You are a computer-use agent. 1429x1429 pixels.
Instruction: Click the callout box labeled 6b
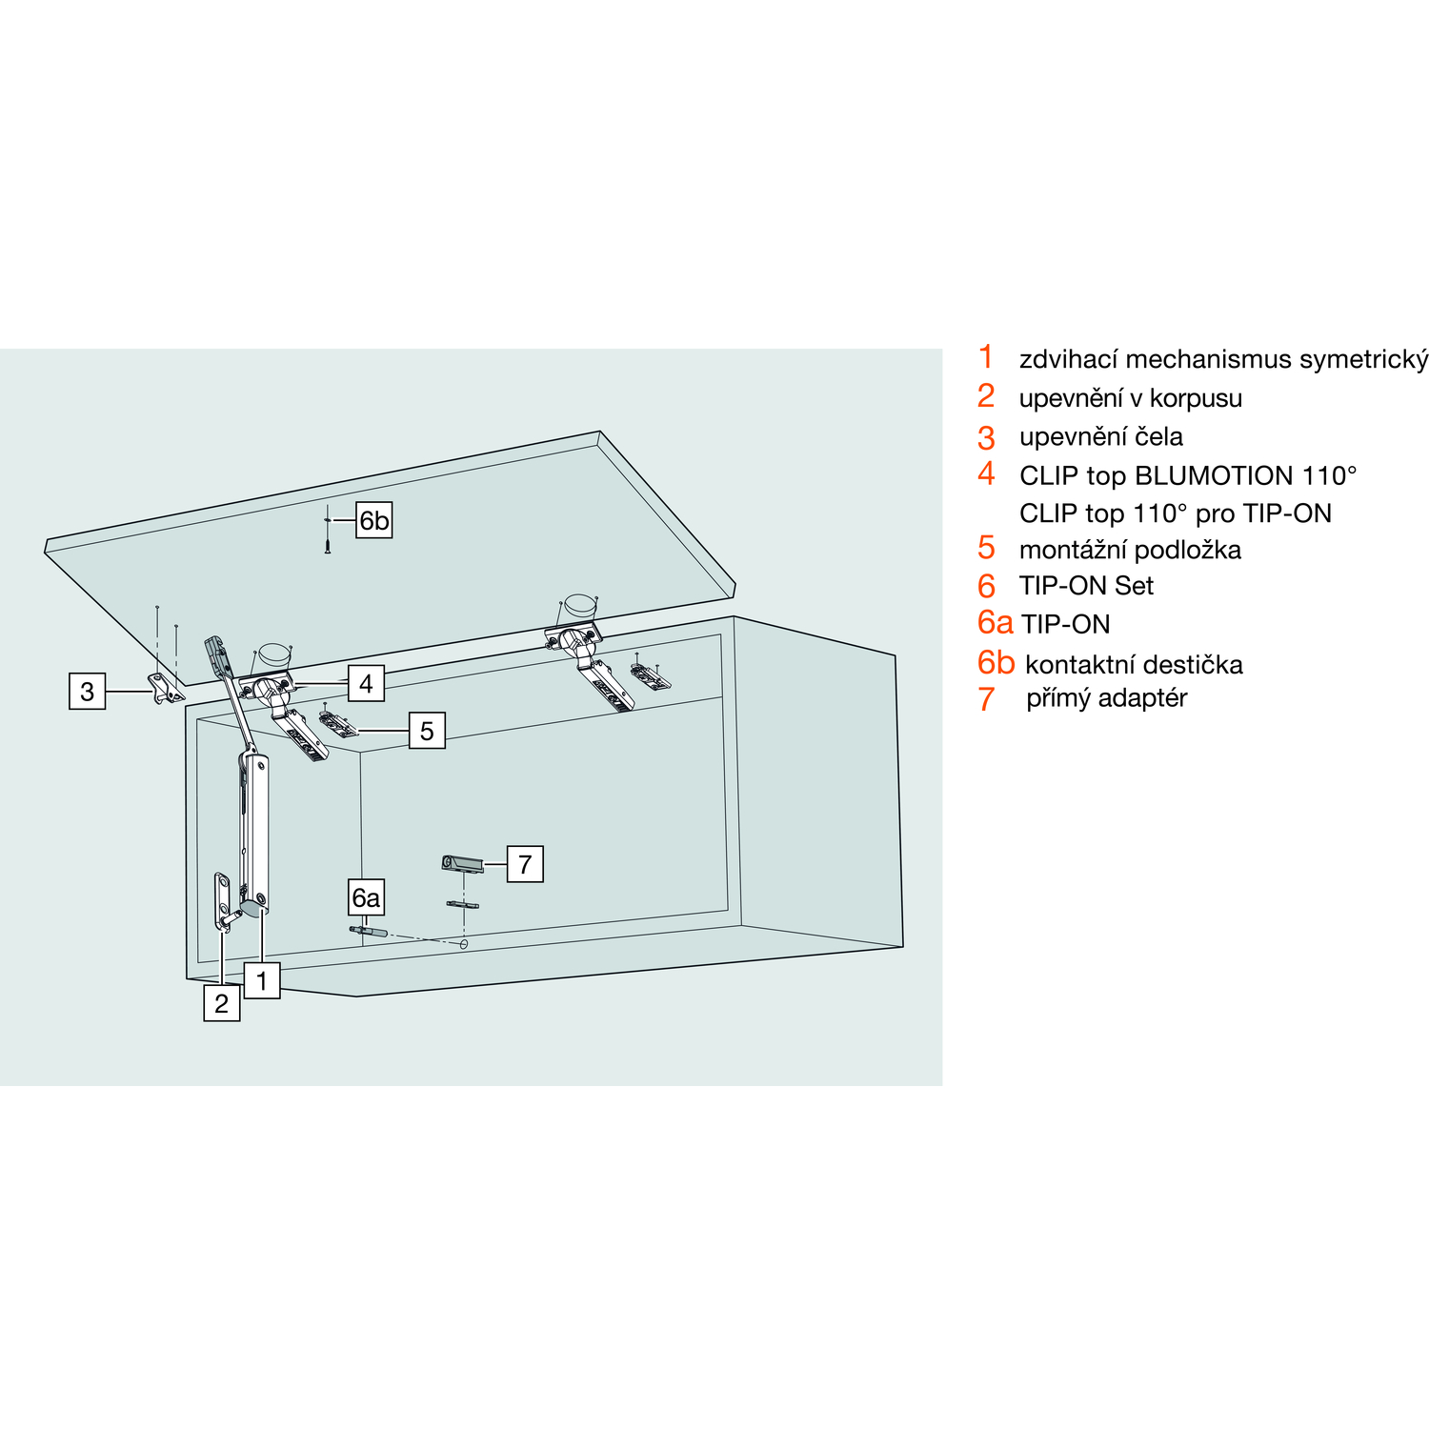click(x=373, y=520)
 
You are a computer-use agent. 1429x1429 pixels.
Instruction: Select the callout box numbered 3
click(x=87, y=691)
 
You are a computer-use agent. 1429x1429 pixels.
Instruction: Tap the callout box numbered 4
click(x=366, y=683)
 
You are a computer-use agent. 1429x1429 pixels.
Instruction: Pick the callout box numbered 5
click(x=427, y=731)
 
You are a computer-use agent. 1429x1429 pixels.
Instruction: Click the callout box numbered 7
click(x=525, y=864)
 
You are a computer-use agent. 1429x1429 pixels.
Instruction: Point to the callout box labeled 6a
click(x=366, y=897)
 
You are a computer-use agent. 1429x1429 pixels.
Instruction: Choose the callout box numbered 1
click(x=262, y=979)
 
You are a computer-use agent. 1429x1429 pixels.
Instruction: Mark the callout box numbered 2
click(x=221, y=1003)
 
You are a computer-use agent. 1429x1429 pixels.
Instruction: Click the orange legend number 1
click(x=986, y=357)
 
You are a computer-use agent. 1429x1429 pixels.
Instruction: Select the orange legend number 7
click(x=986, y=699)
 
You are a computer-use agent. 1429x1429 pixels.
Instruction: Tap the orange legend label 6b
click(x=996, y=662)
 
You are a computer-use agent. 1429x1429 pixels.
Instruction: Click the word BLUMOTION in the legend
click(x=1214, y=475)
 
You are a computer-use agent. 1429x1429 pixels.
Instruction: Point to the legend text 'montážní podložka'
click(x=1130, y=550)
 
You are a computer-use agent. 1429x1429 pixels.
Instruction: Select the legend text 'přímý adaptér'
click(x=1106, y=698)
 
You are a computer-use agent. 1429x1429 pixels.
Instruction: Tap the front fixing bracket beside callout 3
click(x=163, y=688)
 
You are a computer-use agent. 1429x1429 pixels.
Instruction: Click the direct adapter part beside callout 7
click(x=462, y=864)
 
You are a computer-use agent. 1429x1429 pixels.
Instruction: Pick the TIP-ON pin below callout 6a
click(x=366, y=931)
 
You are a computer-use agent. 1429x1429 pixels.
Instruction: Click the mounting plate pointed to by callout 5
click(x=338, y=725)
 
